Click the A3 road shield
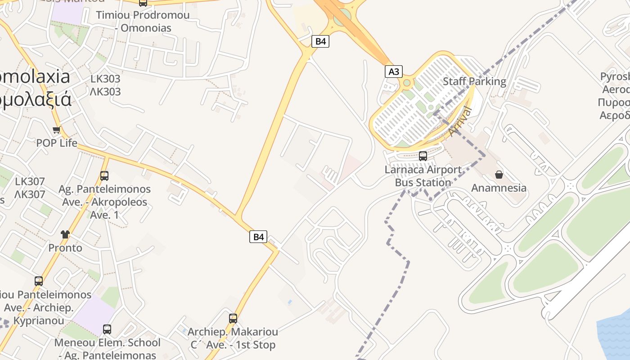[394, 72]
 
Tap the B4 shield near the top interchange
[320, 41]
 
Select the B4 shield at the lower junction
[258, 237]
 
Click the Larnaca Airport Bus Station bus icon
[423, 156]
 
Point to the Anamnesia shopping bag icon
[499, 174]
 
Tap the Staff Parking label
[474, 81]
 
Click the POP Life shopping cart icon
[57, 130]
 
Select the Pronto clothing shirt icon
[65, 234]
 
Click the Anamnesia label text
[499, 188]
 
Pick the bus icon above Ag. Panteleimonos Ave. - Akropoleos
[104, 175]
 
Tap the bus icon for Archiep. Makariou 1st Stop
[233, 318]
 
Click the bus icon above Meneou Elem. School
[107, 329]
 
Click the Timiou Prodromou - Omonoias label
[143, 22]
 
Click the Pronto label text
[65, 248]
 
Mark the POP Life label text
[57, 143]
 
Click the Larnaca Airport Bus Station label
[423, 176]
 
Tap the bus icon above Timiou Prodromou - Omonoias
[143, 3]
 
